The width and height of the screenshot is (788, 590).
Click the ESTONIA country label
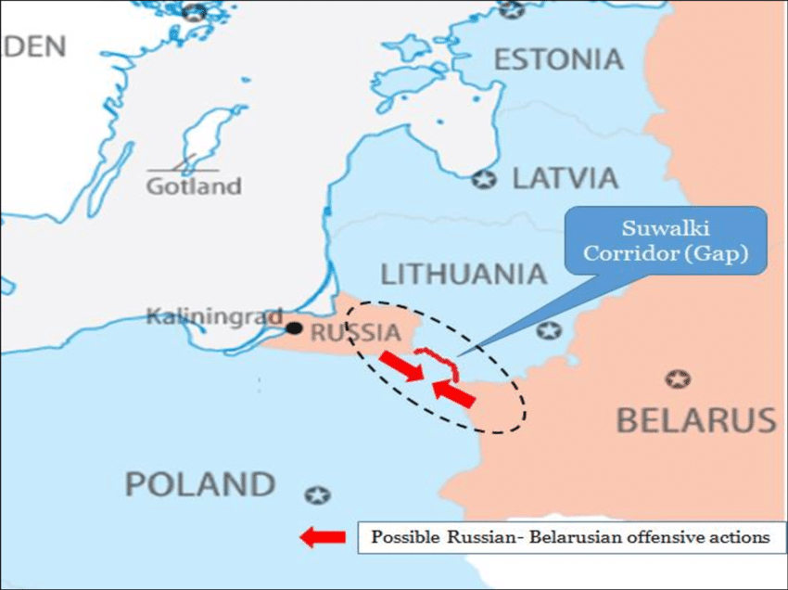[x=558, y=59]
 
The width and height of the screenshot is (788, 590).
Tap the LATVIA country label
[x=565, y=178]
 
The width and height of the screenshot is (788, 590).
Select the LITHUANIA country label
[x=464, y=274]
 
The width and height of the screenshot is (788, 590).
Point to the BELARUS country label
[x=696, y=420]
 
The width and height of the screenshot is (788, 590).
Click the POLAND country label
[x=200, y=484]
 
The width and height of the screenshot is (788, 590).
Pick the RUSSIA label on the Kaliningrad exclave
[x=355, y=332]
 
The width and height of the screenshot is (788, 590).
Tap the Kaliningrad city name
[x=213, y=317]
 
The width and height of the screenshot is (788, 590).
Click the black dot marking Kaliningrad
[x=294, y=327]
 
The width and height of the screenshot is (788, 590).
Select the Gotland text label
[x=194, y=186]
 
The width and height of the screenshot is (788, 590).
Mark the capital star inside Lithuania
[x=550, y=330]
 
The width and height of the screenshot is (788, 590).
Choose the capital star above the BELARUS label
[x=679, y=379]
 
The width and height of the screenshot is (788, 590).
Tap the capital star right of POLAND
[x=318, y=494]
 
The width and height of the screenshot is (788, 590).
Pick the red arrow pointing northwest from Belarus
[x=454, y=393]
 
